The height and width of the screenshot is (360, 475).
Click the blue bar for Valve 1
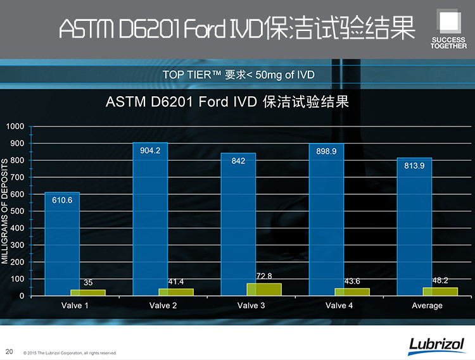(62, 247)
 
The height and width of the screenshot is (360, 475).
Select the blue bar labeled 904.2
(150, 221)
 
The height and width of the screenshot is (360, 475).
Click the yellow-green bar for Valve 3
(264, 289)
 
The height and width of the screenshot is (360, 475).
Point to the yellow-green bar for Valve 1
(88, 292)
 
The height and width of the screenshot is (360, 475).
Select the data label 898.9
(326, 151)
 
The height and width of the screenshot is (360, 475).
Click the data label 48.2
(440, 280)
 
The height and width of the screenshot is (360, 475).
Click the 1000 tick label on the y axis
(14, 127)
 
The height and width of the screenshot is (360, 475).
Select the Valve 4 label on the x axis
(339, 306)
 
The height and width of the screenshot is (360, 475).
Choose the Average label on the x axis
(427, 306)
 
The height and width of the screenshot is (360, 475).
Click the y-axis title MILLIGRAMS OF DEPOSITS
(5, 212)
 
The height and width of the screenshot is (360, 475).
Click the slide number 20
(9, 351)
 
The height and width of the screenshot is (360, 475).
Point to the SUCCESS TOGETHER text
(448, 43)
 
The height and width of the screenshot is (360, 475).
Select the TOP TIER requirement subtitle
(238, 75)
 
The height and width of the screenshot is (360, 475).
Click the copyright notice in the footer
(70, 353)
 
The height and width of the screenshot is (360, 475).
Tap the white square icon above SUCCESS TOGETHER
(449, 20)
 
